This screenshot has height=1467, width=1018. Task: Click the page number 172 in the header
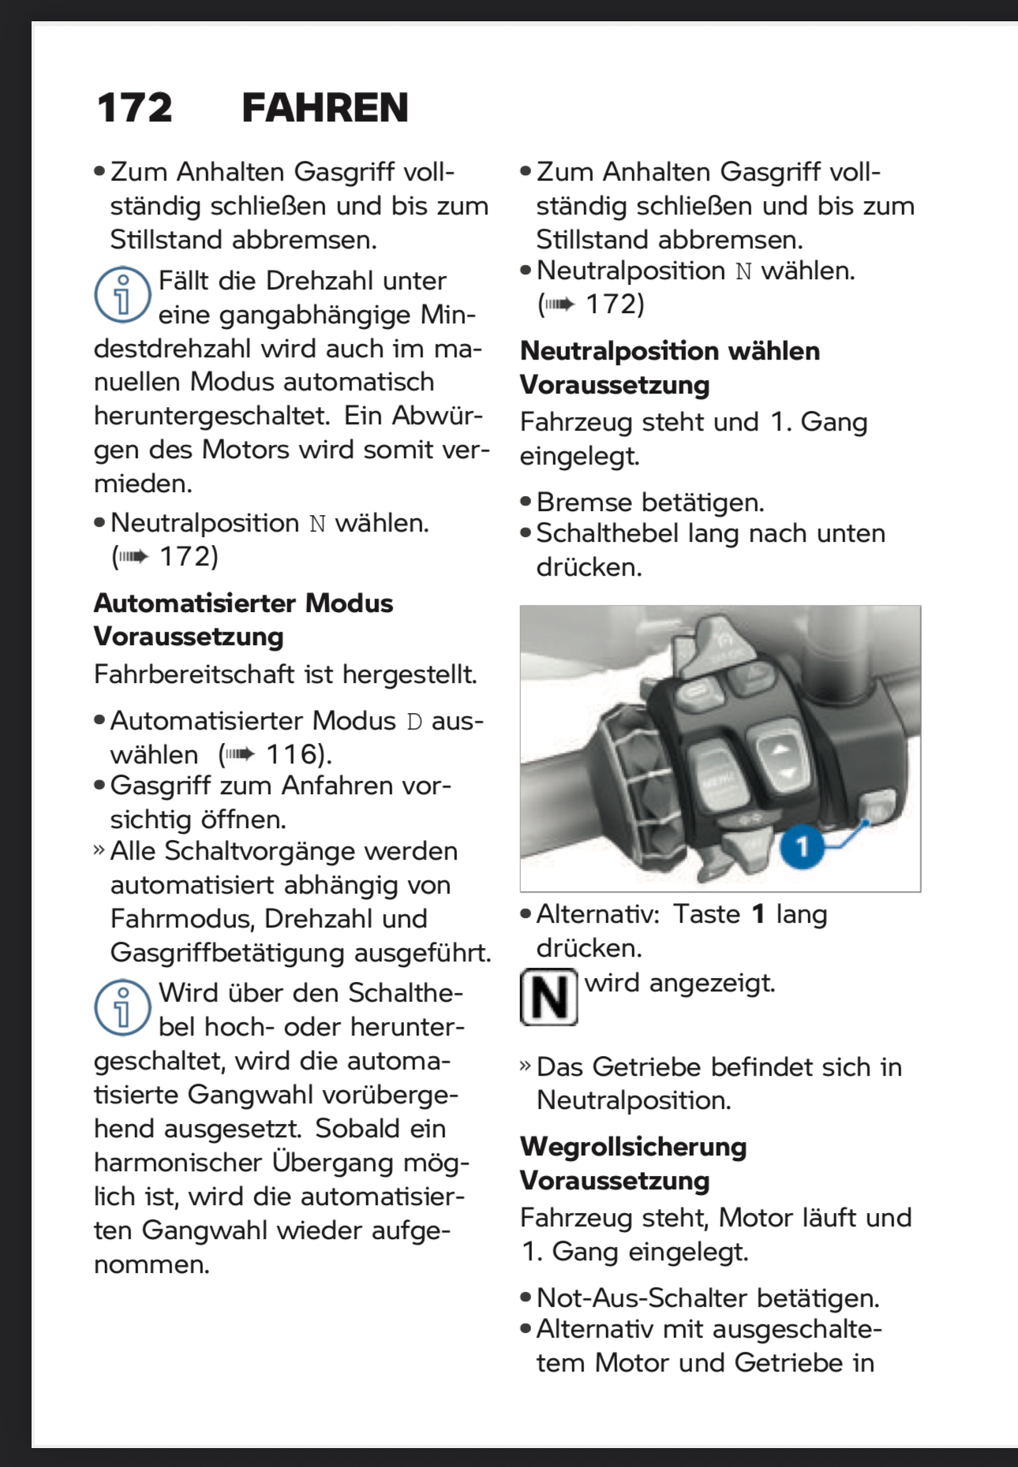pos(134,108)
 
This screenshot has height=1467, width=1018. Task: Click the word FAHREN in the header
pos(324,108)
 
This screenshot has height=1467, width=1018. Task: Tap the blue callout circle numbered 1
pos(802,847)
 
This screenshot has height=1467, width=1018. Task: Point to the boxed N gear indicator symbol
pos(548,997)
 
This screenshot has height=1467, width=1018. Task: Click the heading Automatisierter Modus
pos(243,603)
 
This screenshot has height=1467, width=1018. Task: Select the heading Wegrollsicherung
pos(633,1147)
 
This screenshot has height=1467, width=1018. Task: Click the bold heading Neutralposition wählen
pos(670,351)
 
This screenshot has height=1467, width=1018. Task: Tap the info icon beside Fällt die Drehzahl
pos(122,295)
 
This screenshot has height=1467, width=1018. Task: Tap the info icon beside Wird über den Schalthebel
pos(122,1007)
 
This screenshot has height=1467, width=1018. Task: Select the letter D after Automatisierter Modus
pos(414,722)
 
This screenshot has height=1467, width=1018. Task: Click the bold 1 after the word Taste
pos(758,915)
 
